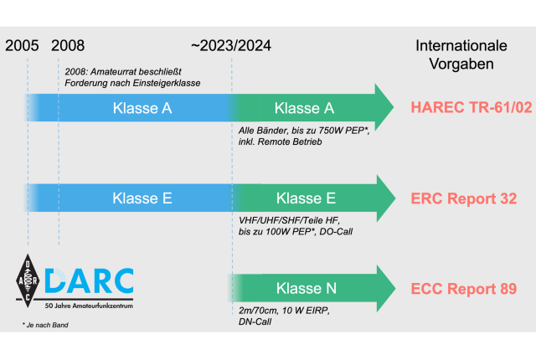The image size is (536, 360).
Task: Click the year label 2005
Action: click(23, 46)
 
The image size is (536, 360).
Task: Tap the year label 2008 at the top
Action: click(68, 46)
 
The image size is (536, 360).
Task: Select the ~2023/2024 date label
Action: click(231, 46)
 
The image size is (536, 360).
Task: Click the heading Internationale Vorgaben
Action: click(461, 54)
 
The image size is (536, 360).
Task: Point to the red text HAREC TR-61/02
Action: click(472, 107)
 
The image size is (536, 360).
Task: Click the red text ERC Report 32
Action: click(464, 198)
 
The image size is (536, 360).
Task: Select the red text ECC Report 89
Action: click(464, 289)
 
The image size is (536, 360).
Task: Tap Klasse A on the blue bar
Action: click(142, 108)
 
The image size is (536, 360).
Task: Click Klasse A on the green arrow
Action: click(304, 108)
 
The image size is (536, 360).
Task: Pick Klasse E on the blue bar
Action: click(142, 198)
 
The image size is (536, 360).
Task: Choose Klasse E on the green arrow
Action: click(306, 198)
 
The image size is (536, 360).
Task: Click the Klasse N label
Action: click(307, 288)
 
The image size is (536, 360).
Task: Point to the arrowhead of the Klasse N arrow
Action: click(385, 289)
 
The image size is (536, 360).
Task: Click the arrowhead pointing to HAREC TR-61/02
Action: click(384, 107)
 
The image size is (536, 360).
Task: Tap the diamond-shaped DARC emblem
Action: click(28, 280)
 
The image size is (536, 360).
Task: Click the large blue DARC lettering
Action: click(90, 280)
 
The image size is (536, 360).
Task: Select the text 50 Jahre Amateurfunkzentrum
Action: click(89, 306)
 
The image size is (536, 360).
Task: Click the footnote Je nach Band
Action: click(45, 325)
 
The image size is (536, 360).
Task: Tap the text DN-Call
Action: click(255, 321)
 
